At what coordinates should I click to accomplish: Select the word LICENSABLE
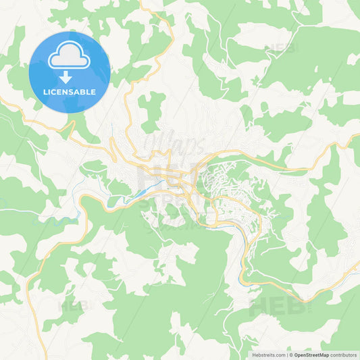click(x=70, y=91)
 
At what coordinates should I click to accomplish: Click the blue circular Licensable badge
click(x=70, y=72)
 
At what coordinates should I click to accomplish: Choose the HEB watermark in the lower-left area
click(x=74, y=305)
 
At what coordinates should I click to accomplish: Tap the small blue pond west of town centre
click(x=140, y=195)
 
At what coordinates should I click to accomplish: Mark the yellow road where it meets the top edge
click(x=142, y=2)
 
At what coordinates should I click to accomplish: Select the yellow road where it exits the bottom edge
click(x=46, y=357)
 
